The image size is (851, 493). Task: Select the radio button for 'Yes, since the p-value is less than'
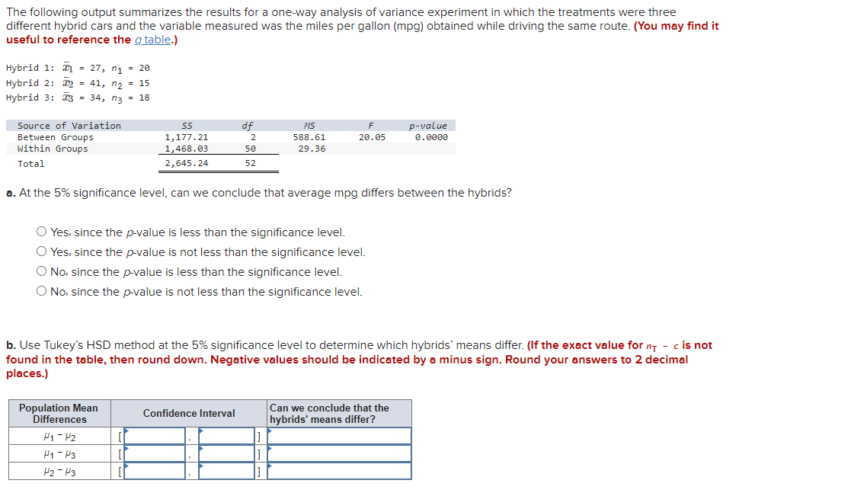tap(42, 232)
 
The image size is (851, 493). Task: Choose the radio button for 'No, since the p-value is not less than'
tap(42, 292)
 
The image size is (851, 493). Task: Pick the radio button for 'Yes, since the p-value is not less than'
tap(42, 252)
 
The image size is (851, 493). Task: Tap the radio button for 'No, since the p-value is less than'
tap(42, 272)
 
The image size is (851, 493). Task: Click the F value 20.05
tap(372, 137)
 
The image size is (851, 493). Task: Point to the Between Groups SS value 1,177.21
tap(187, 137)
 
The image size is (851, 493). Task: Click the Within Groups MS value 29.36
tap(309, 149)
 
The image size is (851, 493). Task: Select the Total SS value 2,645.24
tap(187, 163)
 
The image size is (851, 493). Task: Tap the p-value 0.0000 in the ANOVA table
tap(431, 137)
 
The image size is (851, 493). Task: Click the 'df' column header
tap(248, 126)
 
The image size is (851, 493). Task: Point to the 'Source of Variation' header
tap(69, 126)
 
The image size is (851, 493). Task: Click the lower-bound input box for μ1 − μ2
tap(155, 436)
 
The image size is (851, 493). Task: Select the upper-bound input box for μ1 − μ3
tap(226, 453)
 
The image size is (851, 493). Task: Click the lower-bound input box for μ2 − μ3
tap(155, 471)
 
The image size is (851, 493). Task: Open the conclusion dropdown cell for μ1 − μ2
tap(339, 436)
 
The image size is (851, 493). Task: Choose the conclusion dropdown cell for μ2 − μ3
tap(339, 471)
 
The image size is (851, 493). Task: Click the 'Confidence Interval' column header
tap(189, 413)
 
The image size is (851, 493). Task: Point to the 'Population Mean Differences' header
tap(59, 414)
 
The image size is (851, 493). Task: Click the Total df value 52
tap(251, 163)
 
